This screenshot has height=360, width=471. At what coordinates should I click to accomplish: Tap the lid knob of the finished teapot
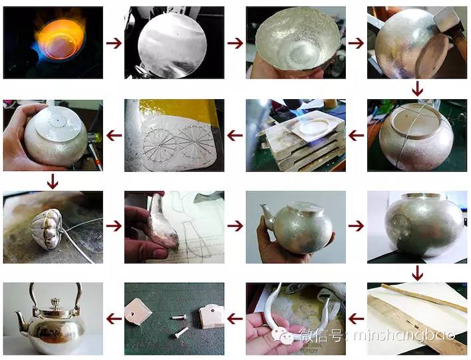[55, 303]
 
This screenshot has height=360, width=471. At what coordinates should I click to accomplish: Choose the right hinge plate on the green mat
[211, 315]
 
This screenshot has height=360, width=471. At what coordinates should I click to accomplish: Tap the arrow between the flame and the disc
[114, 43]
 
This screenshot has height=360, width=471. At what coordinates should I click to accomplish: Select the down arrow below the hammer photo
[417, 89]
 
